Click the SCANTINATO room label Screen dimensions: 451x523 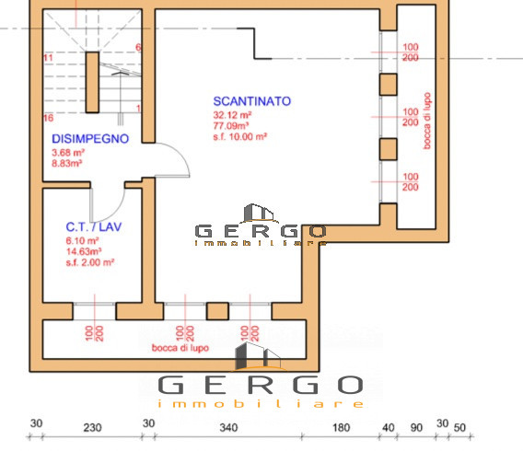pyautogui.click(x=252, y=101)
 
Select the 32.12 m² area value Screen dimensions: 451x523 pyautogui.click(x=233, y=115)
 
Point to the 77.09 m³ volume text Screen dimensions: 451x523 pyautogui.click(x=233, y=125)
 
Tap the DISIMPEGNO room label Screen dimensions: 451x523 pyautogui.click(x=89, y=139)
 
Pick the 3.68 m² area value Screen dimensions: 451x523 pyautogui.click(x=68, y=152)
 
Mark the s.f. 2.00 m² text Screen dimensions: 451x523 pyautogui.click(x=89, y=261)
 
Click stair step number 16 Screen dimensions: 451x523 pyautogui.click(x=47, y=118)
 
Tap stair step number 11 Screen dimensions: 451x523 pyautogui.click(x=47, y=58)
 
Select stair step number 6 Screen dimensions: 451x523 pyautogui.click(x=138, y=47)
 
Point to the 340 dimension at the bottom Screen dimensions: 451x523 pyautogui.click(x=230, y=427)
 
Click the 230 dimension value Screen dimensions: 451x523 pyautogui.click(x=92, y=427)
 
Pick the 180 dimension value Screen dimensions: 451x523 pyautogui.click(x=341, y=427)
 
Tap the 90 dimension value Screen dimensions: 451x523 pyautogui.click(x=415, y=427)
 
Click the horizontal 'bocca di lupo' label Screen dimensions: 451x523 pyautogui.click(x=180, y=348)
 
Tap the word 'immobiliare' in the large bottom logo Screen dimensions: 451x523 pyautogui.click(x=261, y=403)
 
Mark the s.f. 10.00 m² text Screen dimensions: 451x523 pyautogui.click(x=240, y=135)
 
